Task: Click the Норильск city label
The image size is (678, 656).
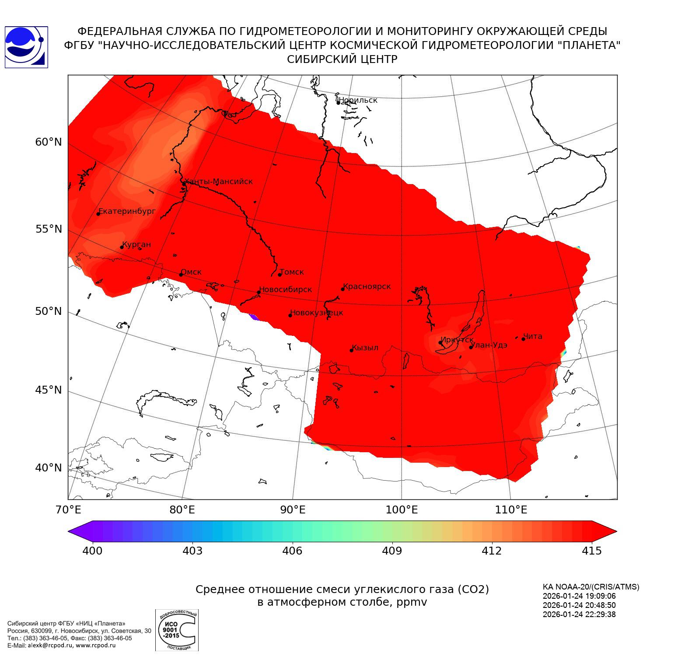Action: point(358,100)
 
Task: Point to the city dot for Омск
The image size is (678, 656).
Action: point(181,275)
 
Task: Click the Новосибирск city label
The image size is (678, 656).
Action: point(286,290)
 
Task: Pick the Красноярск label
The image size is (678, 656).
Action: point(367,286)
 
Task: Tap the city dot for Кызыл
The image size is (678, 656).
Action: point(351,350)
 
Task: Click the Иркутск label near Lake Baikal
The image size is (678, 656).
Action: point(457,340)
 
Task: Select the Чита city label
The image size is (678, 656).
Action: point(533,336)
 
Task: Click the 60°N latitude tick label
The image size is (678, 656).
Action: point(49,142)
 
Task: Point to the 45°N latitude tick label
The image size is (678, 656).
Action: point(49,390)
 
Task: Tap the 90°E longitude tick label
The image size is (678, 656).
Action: point(293,510)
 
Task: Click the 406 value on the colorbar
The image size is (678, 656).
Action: point(292,551)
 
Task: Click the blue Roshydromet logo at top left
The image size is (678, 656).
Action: point(26,47)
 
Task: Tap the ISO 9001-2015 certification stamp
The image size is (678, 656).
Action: point(177,630)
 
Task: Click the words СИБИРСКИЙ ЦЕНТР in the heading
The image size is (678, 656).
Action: point(342,59)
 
